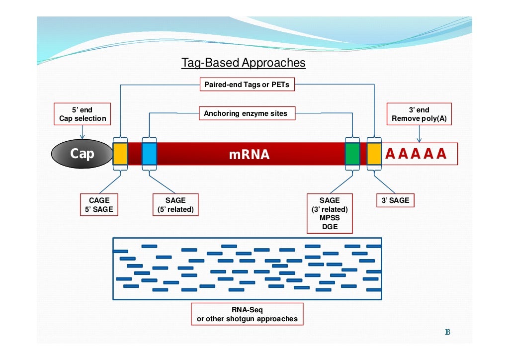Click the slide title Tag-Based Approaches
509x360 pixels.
[x=243, y=63]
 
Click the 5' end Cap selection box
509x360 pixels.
[x=83, y=114]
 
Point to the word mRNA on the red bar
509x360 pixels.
[x=249, y=155]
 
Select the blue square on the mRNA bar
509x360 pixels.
[x=149, y=154]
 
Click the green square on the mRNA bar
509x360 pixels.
[x=352, y=154]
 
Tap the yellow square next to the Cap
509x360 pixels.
[x=120, y=154]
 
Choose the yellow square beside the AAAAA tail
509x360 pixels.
[x=374, y=154]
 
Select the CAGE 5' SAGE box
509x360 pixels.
[x=99, y=205]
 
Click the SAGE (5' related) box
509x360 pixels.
[x=175, y=205]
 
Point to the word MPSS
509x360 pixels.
[x=330, y=218]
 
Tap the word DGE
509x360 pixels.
[x=330, y=227]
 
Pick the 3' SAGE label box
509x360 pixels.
[x=396, y=200]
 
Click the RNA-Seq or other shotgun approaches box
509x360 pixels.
[x=247, y=315]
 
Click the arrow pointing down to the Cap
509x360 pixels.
[x=83, y=132]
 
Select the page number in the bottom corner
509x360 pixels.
[x=447, y=332]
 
